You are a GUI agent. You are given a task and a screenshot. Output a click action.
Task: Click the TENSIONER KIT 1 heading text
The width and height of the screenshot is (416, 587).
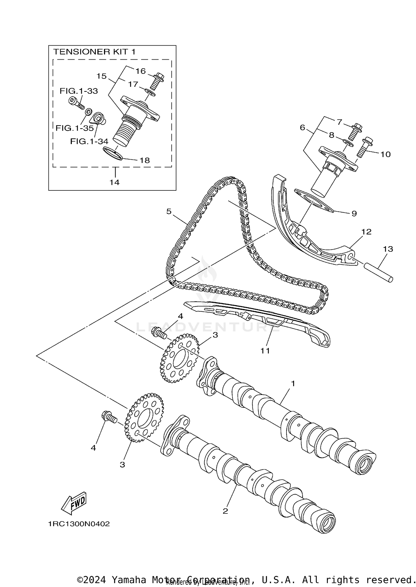pos(94,52)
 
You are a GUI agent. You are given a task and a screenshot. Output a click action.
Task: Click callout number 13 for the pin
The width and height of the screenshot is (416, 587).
pos(388,249)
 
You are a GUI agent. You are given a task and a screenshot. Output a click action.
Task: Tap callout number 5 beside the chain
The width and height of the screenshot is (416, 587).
pos(169,211)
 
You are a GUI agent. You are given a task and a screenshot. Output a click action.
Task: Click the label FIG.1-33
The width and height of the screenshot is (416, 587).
pos(79,91)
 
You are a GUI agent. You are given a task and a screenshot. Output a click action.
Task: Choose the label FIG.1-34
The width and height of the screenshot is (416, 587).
pos(89,141)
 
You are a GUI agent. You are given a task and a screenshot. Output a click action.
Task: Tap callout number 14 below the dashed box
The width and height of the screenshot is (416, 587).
pos(114,182)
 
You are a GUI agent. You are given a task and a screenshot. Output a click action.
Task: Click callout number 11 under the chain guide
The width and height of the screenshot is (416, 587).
pos(265,351)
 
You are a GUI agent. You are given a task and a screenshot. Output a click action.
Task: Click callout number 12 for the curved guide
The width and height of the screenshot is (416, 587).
pos(366,232)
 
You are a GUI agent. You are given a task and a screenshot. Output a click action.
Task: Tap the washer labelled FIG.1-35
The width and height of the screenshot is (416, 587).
pos(88,112)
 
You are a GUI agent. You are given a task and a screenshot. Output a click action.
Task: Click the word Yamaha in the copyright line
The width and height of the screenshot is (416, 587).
pos(129,580)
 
